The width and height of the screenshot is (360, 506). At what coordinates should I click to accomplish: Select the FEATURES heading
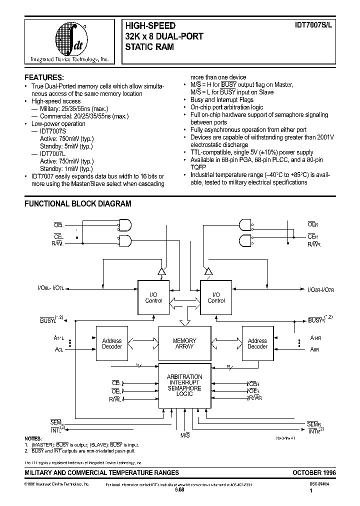tap(44, 77)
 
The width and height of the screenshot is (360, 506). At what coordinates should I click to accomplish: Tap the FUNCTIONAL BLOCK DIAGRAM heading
tap(78, 203)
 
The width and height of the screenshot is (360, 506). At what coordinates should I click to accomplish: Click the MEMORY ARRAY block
tap(184, 343)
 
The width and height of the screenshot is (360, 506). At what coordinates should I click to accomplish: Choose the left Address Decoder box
tap(112, 343)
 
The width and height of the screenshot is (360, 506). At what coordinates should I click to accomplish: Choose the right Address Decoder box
tap(257, 343)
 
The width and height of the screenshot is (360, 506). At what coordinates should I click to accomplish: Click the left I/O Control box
tap(153, 298)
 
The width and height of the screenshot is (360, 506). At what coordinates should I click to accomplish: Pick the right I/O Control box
tap(216, 298)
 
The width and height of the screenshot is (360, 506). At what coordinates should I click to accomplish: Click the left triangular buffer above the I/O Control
tap(161, 271)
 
